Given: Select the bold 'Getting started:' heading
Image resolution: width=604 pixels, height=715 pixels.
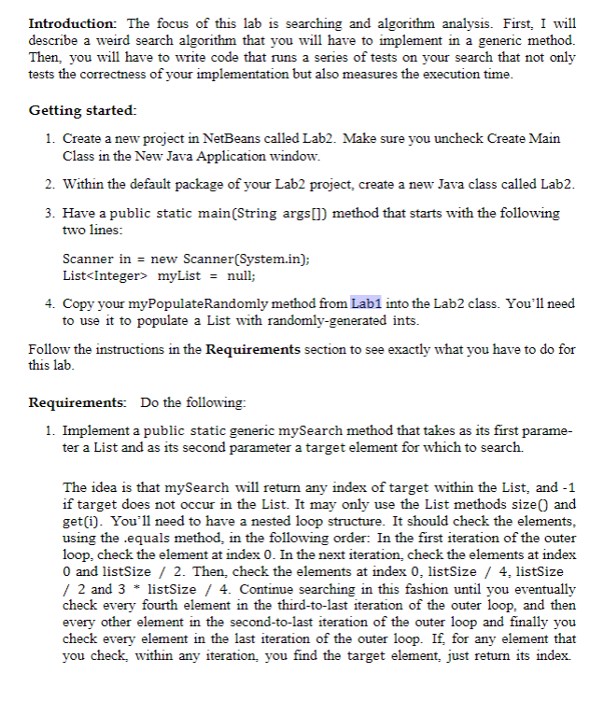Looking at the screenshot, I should [82, 110].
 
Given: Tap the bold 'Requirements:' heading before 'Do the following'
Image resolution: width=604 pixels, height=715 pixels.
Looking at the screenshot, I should [78, 403].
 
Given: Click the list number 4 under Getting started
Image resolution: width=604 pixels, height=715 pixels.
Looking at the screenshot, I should [49, 304].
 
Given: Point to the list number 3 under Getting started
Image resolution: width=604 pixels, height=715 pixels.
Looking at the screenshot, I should [49, 213].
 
